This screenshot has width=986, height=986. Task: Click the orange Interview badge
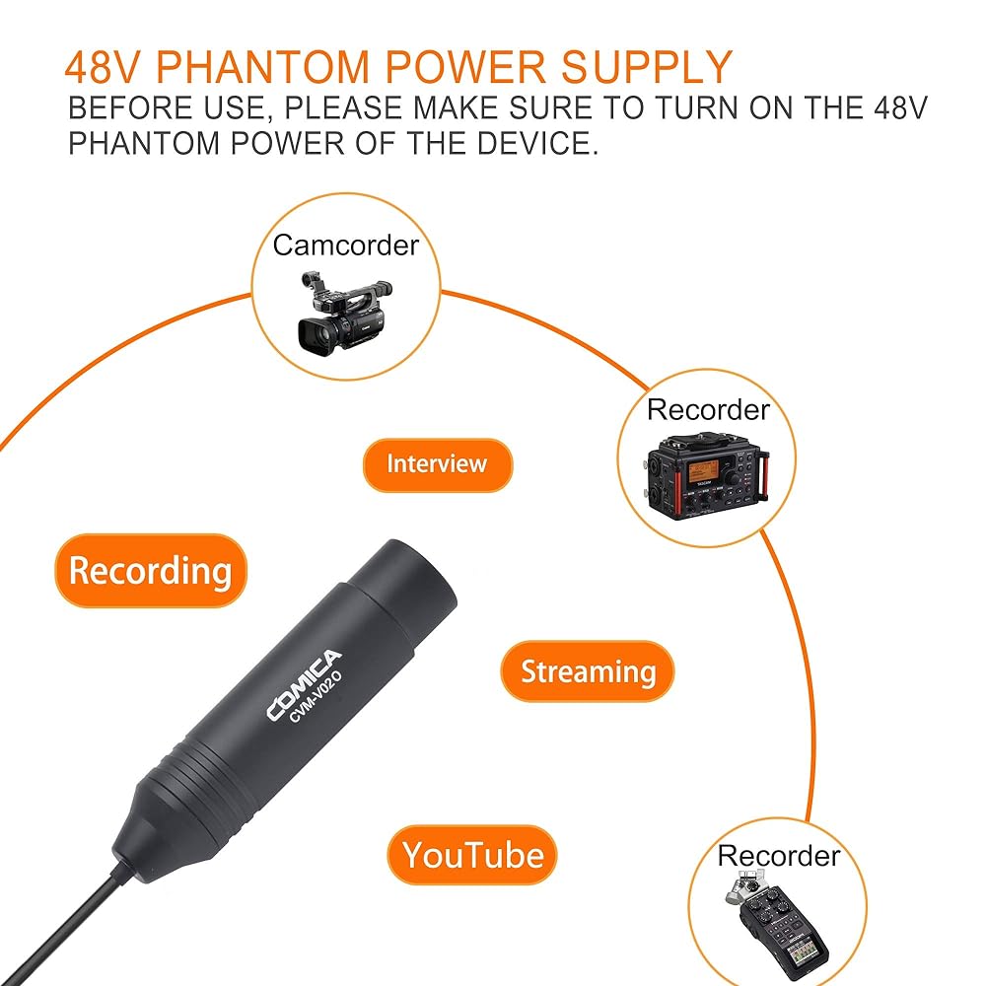(437, 464)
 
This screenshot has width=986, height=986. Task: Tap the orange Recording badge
(150, 571)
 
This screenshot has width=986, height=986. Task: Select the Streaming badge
(588, 672)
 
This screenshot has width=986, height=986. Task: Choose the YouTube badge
(472, 854)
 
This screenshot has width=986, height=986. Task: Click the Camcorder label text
(345, 245)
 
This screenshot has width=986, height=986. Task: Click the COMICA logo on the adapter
(304, 685)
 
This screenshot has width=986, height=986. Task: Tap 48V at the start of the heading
(104, 66)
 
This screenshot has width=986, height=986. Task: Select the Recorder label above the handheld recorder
(779, 856)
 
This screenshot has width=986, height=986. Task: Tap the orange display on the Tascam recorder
(703, 471)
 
